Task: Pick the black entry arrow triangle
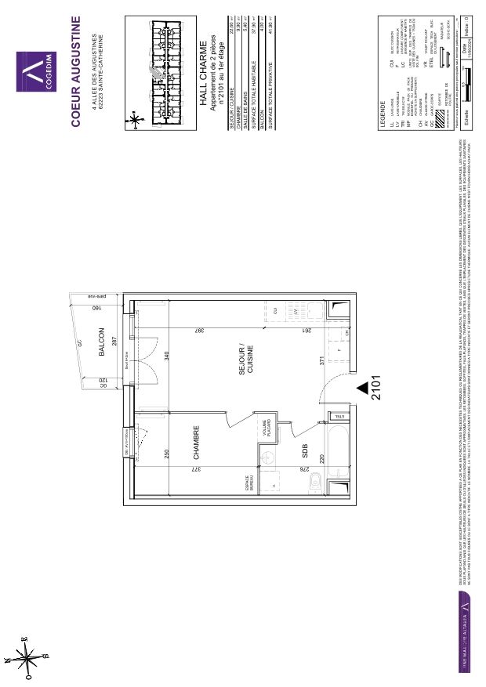pos(361,387)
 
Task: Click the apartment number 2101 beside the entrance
pos(377,387)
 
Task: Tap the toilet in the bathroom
pos(314,481)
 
